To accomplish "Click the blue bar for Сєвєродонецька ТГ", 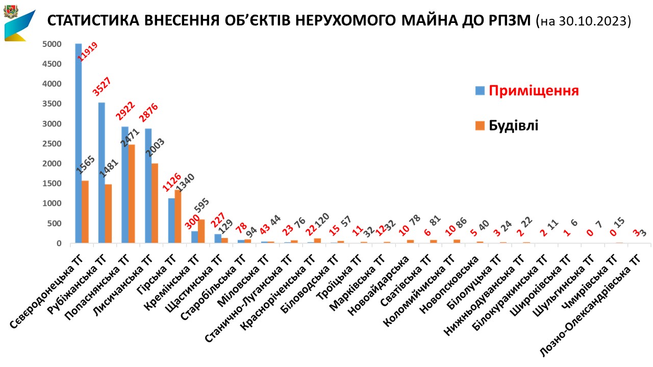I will (x=78, y=143).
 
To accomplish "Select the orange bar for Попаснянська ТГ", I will (x=131, y=194).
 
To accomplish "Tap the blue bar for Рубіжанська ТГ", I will (x=101, y=173).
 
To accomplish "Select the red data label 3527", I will (x=102, y=87).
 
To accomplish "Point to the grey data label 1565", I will (x=87, y=166).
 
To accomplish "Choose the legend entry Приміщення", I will (x=534, y=91).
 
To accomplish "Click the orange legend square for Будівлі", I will (x=480, y=125).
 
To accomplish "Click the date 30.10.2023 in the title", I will (x=595, y=21).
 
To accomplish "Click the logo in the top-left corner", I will (x=19, y=22).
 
